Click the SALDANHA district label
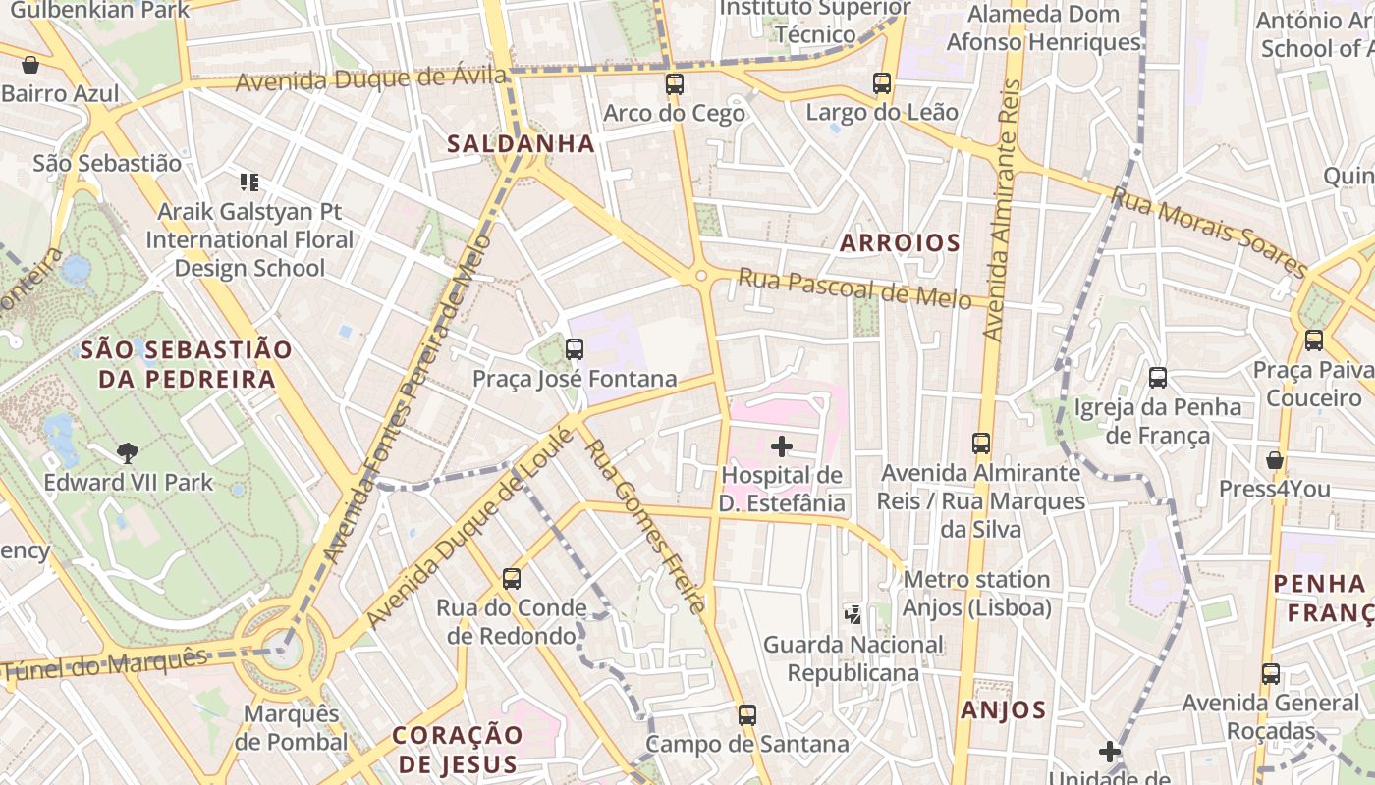(x=521, y=144)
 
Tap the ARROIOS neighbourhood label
(x=900, y=243)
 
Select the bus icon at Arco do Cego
(x=674, y=84)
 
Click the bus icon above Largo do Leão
(x=882, y=83)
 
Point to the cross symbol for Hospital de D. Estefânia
(x=782, y=447)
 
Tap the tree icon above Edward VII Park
(x=127, y=452)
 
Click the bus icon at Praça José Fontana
(x=575, y=348)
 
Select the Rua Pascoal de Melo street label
(x=854, y=289)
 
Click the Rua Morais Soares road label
(x=1209, y=233)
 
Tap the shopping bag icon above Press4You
(x=1275, y=459)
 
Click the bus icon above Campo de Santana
(x=747, y=714)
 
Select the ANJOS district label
(x=1003, y=710)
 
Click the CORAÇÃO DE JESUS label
(x=457, y=750)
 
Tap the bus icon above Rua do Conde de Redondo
(x=511, y=579)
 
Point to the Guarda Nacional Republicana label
(x=852, y=658)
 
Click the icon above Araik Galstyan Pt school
(x=248, y=183)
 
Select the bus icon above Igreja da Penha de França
(x=1158, y=377)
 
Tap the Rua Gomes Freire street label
(x=644, y=525)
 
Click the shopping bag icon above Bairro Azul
(x=30, y=65)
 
